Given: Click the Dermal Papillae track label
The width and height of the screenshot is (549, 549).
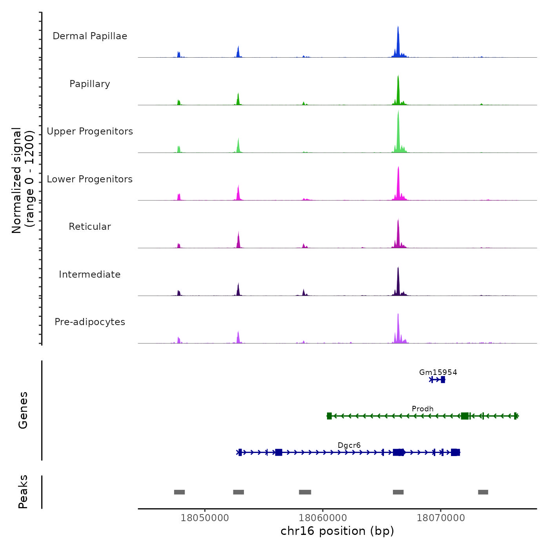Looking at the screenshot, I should pos(90,36).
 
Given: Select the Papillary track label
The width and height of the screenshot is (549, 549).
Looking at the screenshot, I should pos(90,84).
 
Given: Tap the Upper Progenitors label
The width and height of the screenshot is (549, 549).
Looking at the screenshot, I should pos(90,131).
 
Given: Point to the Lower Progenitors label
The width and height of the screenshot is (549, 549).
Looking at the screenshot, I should pos(90,179).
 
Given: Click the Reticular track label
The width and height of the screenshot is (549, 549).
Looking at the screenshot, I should pos(90,227).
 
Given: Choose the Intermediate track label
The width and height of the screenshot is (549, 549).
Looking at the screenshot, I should pos(90,274).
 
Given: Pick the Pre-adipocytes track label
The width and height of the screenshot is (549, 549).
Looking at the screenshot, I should pos(90,322).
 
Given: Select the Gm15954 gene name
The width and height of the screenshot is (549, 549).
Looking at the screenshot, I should pos(438,372).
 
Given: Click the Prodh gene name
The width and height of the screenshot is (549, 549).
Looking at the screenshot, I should pos(422,409).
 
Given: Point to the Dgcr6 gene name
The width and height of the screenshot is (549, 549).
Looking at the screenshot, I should pos(349,445).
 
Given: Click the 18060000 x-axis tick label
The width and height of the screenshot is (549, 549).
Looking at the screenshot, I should pos(323,518).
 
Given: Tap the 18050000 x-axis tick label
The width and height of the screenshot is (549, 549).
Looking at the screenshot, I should pos(205,518).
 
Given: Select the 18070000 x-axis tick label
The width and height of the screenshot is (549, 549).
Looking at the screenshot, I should pos(441,518).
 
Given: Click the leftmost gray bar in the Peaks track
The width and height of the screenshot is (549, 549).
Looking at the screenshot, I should pos(179,492).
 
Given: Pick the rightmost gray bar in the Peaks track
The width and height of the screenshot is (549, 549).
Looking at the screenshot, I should pos(483,492).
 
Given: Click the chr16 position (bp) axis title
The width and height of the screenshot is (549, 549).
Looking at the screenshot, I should pos(337,531).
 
